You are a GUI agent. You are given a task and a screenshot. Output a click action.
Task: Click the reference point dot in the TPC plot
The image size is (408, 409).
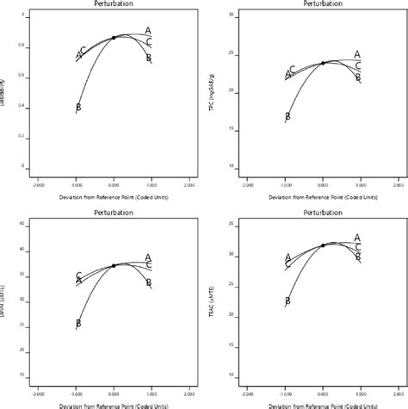(323, 63)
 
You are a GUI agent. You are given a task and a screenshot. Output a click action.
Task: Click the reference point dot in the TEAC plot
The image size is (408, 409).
(323, 245)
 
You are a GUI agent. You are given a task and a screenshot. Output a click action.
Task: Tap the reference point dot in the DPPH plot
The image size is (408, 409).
(114, 265)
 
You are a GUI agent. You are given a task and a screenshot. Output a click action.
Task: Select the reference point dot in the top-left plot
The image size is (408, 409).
(114, 38)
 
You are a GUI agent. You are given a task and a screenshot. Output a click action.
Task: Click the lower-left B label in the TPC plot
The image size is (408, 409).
(287, 116)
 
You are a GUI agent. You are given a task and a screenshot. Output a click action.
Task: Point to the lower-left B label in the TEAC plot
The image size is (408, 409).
(287, 301)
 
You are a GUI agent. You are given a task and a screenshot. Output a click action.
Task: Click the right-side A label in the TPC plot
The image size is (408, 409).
(357, 54)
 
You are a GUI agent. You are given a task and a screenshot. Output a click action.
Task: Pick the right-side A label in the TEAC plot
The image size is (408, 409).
(357, 237)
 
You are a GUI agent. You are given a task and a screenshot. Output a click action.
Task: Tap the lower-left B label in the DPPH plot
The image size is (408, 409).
(78, 324)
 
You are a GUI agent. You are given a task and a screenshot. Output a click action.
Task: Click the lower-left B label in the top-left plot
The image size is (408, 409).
(78, 108)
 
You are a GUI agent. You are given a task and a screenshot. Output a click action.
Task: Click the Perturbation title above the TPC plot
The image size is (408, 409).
(322, 4)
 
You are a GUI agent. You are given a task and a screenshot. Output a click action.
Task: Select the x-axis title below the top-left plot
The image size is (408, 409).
(114, 196)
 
